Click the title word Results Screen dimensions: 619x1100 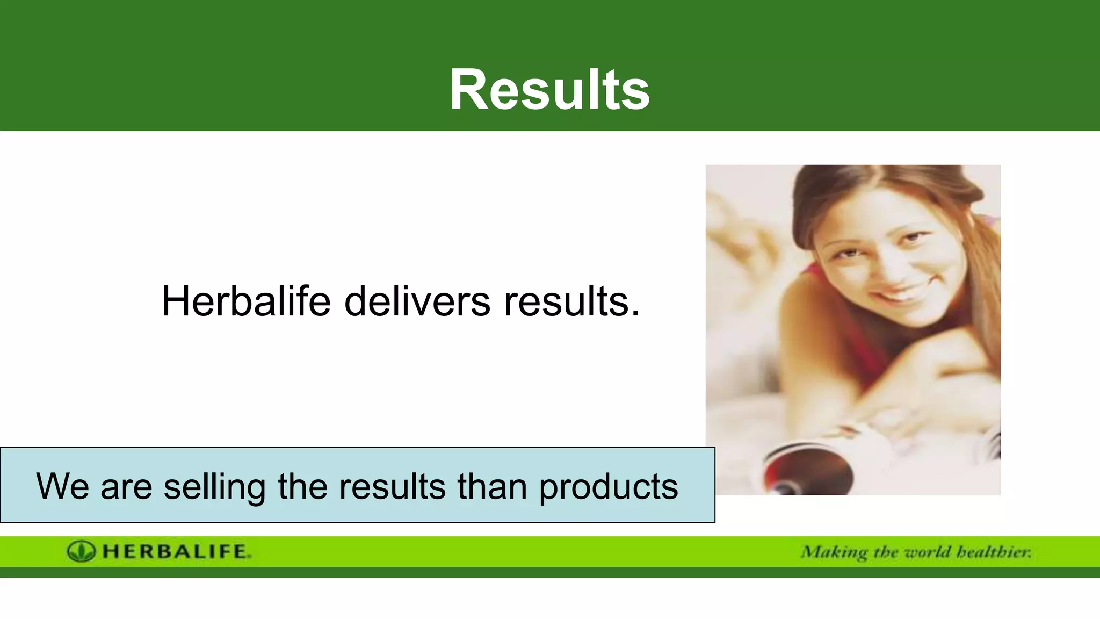549,90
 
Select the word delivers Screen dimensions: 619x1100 417,301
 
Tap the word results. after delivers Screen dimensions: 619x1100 571,301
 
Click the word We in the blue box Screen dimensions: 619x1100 62,486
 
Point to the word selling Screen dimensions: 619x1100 214,487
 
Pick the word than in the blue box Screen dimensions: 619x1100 492,486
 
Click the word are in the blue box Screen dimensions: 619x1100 126,487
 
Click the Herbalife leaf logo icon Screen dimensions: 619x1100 81,551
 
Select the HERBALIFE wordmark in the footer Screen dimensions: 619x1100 176,551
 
